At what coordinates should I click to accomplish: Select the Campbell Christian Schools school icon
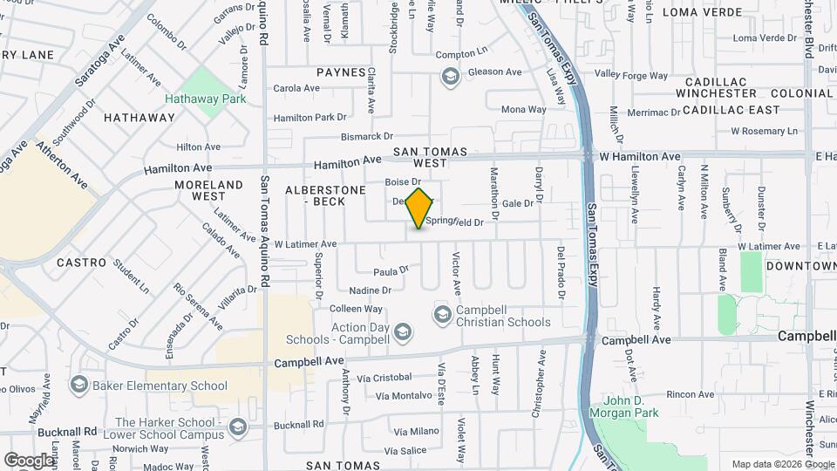[442, 313]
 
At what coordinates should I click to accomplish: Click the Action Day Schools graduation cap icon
[403, 331]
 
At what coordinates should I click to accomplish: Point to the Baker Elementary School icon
[79, 385]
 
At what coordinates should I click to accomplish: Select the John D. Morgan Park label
[628, 407]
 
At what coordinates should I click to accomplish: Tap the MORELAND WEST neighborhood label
[208, 190]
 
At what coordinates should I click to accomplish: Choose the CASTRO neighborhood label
[81, 262]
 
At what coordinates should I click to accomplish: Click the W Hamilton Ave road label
[639, 156]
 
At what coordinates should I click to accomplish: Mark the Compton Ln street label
[460, 54]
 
